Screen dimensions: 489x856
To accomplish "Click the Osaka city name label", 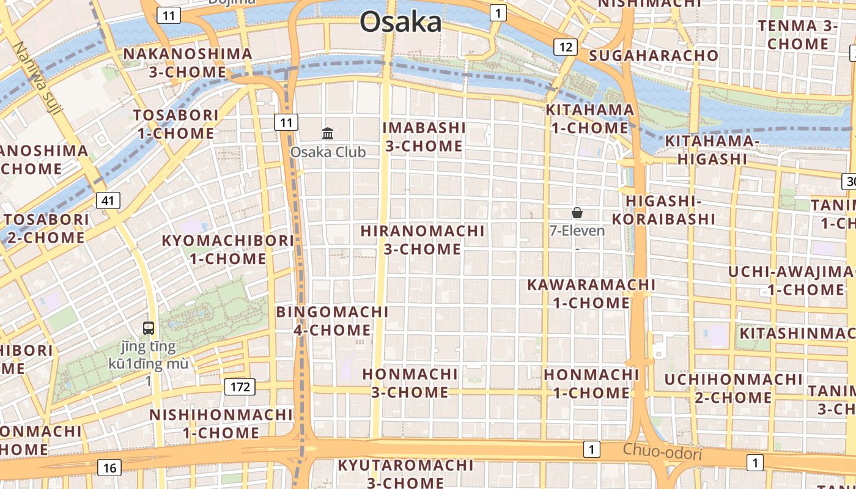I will (x=400, y=22).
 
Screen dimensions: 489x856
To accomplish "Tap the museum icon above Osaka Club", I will (x=328, y=133).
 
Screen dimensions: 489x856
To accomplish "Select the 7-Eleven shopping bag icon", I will (x=577, y=213).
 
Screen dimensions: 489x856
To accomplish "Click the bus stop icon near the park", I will (x=149, y=328).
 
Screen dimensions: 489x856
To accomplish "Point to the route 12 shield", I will (x=566, y=46).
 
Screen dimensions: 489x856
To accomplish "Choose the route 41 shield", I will (x=108, y=200).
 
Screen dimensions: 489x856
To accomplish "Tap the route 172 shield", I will (x=240, y=386).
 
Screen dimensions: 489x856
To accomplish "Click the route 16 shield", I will (x=109, y=468).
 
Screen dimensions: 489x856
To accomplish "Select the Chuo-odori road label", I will (x=662, y=453).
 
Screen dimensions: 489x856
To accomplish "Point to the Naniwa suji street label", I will (x=37, y=78).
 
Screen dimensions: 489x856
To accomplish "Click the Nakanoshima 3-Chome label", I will (x=188, y=63).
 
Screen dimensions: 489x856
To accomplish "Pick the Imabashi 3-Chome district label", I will (x=424, y=137).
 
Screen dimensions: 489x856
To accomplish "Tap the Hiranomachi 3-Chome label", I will (x=422, y=240).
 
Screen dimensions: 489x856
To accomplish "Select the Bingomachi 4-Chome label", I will (x=333, y=321).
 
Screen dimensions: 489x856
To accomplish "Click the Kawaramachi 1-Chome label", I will (x=591, y=293).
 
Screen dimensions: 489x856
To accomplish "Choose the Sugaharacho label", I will (x=654, y=56).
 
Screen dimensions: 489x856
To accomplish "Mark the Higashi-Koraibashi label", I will (x=663, y=210).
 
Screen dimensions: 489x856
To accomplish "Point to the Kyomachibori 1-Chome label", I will (x=227, y=249).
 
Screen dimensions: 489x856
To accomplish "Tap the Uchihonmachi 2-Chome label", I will (x=733, y=388).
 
